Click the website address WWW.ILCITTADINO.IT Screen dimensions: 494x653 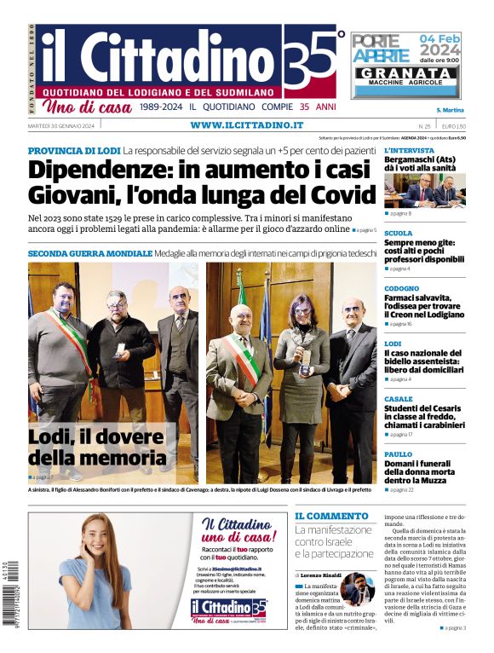[246, 125]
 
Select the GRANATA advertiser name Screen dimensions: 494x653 [405, 73]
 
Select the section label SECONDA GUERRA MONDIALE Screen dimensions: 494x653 [89, 254]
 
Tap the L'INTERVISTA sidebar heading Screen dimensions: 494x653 [409, 150]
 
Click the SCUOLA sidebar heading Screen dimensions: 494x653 [398, 233]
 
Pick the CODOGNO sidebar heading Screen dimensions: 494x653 [401, 288]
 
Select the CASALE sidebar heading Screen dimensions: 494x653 [398, 399]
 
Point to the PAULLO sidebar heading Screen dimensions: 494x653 [398, 454]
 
